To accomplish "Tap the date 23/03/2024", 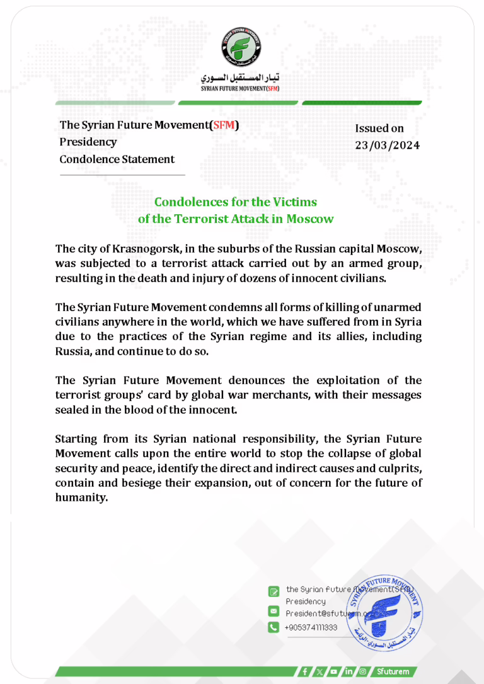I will click(387, 145).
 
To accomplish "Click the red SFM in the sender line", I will click(225, 125).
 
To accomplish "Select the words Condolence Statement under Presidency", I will click(117, 159).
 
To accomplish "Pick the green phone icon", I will click(274, 627).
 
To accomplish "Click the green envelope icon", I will click(274, 612).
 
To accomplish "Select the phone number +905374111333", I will click(311, 627).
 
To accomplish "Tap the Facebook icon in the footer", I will click(305, 671).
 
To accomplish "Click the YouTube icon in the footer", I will click(333, 671).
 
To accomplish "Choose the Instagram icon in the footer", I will click(362, 671).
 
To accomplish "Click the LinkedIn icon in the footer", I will click(348, 671).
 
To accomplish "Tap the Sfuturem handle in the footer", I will click(394, 671).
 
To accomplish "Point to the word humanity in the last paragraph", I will click(82, 497).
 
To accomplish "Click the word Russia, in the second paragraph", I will click(74, 351).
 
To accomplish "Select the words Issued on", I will click(379, 128).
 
